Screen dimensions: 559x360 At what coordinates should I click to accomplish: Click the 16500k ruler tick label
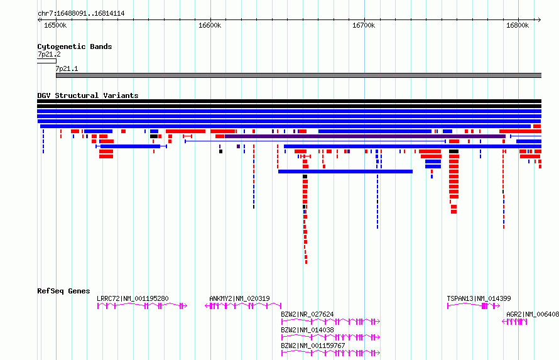point(55,25)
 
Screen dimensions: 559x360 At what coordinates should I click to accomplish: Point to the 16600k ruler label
point(210,25)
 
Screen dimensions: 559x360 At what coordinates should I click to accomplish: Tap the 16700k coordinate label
point(364,25)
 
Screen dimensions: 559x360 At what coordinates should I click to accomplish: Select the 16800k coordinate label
point(518,25)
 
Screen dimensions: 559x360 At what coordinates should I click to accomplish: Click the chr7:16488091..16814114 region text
point(81,14)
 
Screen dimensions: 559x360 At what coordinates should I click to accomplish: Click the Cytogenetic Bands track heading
point(75,46)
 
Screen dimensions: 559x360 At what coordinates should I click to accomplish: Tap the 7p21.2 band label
point(49,54)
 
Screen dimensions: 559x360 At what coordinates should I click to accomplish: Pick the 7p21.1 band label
point(67,68)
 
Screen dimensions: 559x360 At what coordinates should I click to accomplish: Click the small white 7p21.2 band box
point(46,62)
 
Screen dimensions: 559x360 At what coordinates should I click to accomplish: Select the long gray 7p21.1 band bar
point(299,75)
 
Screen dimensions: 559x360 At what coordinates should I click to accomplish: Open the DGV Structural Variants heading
point(88,95)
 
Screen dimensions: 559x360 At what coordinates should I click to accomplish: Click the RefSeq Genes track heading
point(64,291)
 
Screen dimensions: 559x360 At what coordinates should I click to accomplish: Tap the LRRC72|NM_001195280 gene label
point(133,298)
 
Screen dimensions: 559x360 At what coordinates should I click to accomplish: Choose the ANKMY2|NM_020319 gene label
point(239,298)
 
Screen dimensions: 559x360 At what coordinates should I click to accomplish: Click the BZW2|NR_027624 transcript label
point(307,314)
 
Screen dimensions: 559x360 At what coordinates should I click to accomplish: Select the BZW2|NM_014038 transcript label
point(307,330)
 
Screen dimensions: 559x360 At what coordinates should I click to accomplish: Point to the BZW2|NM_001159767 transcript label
point(313,346)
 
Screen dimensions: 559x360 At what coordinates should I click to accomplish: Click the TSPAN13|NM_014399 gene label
point(479,298)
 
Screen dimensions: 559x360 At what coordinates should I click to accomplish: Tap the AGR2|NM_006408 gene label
point(533,314)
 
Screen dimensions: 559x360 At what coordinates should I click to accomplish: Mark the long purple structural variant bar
point(365,136)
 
